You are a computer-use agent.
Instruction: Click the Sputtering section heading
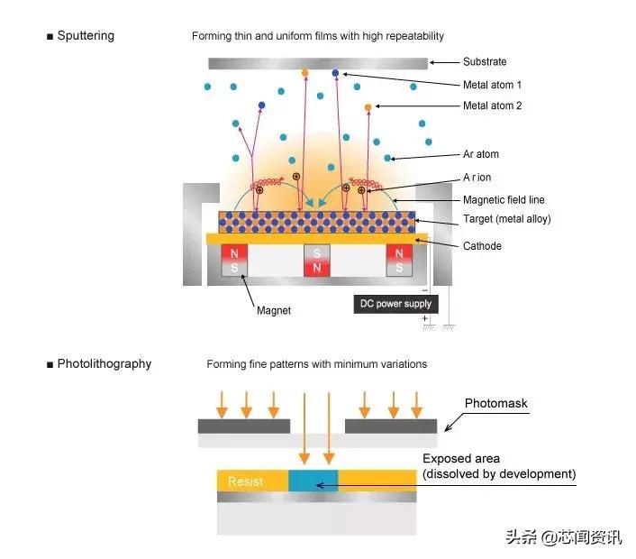click(x=85, y=36)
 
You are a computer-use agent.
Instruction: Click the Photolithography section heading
click(x=104, y=364)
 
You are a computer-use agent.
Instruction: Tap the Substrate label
click(x=485, y=62)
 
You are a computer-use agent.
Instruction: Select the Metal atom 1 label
click(x=492, y=85)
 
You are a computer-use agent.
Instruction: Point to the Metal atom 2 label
click(x=492, y=106)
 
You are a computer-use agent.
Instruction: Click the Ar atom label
click(x=481, y=154)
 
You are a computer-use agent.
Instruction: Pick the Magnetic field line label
click(x=504, y=199)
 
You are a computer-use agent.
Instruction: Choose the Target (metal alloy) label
click(x=506, y=219)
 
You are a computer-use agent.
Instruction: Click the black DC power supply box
click(x=394, y=304)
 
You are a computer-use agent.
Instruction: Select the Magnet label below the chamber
click(x=273, y=310)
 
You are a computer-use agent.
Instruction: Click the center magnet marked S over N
click(x=317, y=261)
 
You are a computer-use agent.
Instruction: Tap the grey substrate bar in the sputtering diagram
click(x=317, y=63)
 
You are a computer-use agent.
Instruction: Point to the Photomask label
click(x=495, y=403)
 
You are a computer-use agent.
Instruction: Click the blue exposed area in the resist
click(x=313, y=481)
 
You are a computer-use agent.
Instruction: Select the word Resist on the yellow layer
click(x=245, y=481)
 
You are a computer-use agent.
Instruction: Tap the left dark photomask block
click(x=243, y=426)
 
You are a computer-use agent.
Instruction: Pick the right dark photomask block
click(x=391, y=426)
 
